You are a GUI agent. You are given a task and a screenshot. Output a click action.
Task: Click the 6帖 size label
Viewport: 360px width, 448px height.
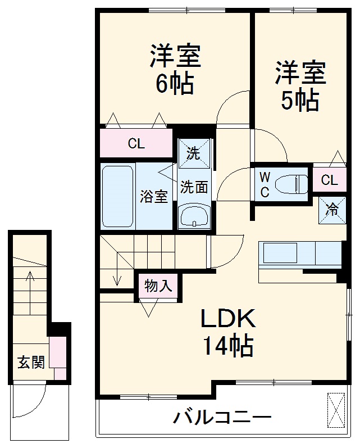(174, 85)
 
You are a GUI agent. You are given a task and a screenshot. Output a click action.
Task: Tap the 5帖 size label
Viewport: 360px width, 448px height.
(300, 101)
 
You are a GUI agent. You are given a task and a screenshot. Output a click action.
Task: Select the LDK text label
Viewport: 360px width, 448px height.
(229, 319)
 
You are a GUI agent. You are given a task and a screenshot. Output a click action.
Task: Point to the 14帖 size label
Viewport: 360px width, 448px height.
(228, 346)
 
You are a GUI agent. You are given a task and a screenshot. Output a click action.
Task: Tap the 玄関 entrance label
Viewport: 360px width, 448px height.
(30, 363)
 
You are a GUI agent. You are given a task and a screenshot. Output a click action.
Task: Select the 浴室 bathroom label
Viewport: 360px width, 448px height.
(153, 197)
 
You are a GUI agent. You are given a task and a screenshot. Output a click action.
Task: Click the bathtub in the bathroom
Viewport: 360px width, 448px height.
(118, 196)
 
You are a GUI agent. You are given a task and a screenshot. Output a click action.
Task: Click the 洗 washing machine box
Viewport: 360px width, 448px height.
(194, 153)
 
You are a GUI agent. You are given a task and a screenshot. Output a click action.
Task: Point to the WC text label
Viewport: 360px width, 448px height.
(265, 185)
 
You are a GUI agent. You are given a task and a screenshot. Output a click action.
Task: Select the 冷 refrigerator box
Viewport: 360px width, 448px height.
(331, 210)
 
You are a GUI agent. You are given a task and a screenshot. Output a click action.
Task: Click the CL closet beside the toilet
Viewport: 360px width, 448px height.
(330, 180)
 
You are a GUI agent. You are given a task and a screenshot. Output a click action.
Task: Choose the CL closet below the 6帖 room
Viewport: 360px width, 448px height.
(136, 144)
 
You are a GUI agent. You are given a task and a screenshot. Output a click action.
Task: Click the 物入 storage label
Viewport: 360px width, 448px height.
(158, 286)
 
